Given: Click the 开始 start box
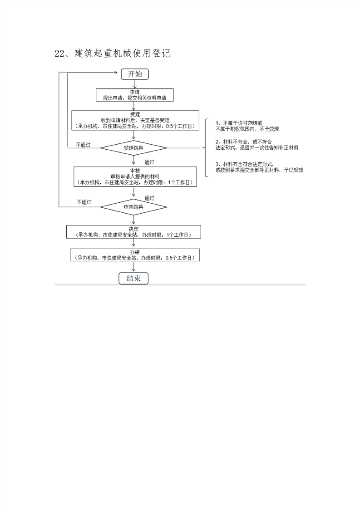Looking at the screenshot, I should coord(135,74).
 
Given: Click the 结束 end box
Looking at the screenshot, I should coord(133,278).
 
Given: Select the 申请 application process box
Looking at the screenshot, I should coord(135,95).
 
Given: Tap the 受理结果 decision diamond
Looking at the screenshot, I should coord(133,148).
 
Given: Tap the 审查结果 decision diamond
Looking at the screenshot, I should coord(133,207).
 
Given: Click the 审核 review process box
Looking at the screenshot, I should coord(135,176).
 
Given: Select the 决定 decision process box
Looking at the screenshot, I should coord(133,232).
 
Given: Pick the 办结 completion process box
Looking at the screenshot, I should coord(134,254).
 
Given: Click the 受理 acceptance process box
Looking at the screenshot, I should coord(135,120).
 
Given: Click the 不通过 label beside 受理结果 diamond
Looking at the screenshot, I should coord(83,145).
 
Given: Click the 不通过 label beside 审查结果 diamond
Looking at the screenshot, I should coord(84,202).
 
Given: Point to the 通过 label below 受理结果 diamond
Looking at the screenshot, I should coord(149,162).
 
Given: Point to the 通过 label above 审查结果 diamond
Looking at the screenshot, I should coord(149,198).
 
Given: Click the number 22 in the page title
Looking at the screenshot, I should coord(59,54).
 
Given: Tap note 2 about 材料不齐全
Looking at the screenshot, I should coord(256,145).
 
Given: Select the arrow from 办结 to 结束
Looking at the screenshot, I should coord(133,267).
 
